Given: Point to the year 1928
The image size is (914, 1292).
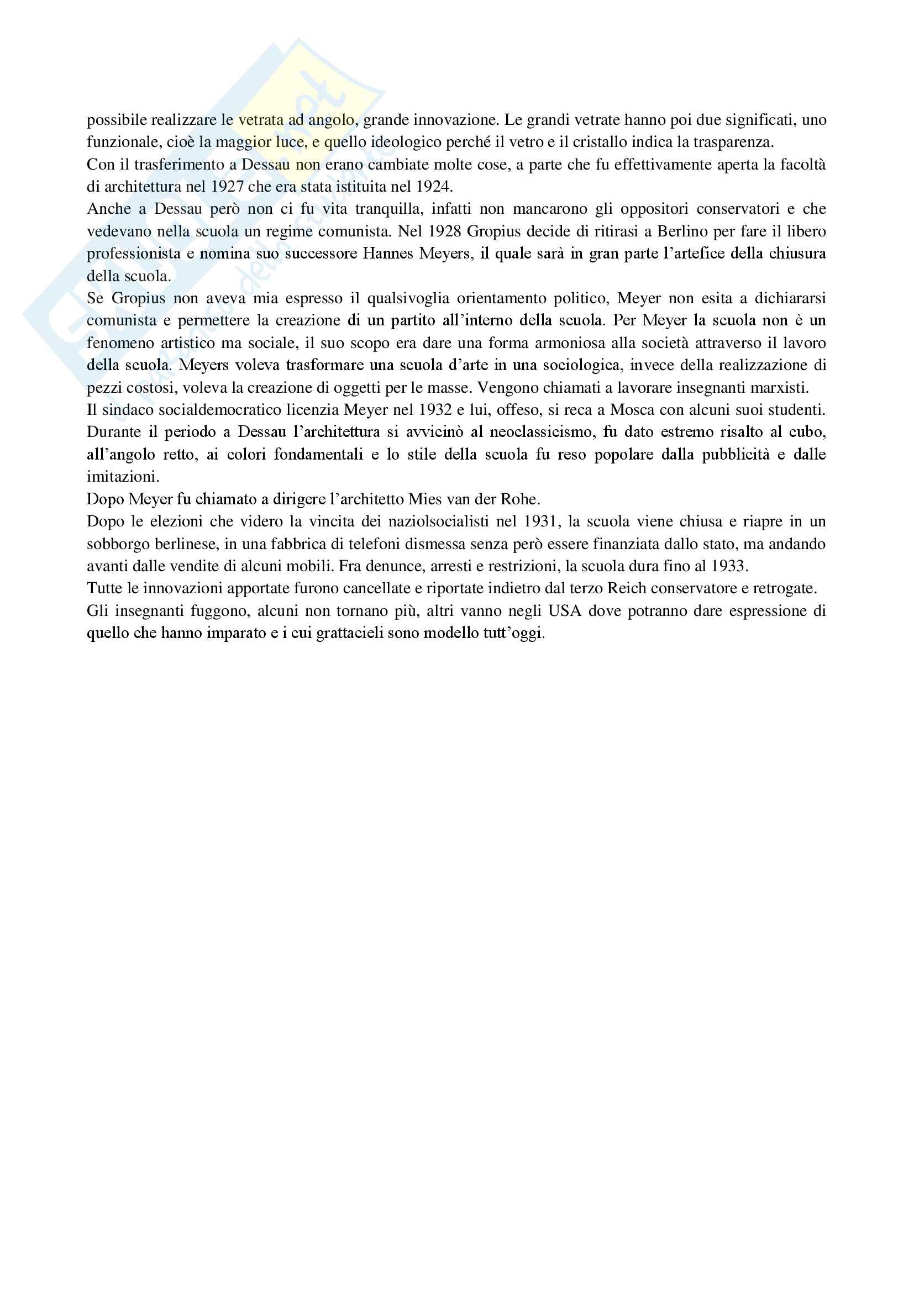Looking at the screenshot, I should coord(445,231).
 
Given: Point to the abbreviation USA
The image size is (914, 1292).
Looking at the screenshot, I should coord(565,611).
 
